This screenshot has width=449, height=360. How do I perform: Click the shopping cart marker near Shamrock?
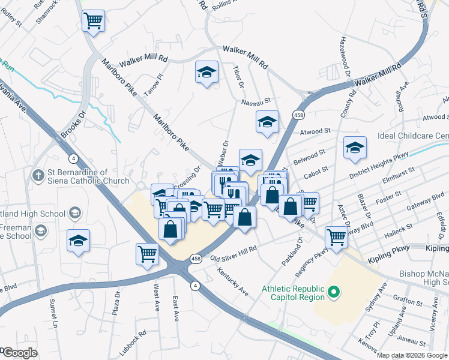click(93, 21)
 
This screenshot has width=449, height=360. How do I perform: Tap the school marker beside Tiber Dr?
click(206, 73)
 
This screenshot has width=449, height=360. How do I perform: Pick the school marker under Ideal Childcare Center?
click(355, 148)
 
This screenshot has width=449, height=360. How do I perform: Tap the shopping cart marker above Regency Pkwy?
click(336, 238)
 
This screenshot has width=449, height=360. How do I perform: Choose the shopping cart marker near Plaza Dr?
click(146, 254)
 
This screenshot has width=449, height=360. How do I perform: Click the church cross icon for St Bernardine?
click(37, 176)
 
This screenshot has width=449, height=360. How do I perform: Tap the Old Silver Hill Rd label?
click(234, 253)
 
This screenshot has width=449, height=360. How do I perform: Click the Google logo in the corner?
click(20, 353)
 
